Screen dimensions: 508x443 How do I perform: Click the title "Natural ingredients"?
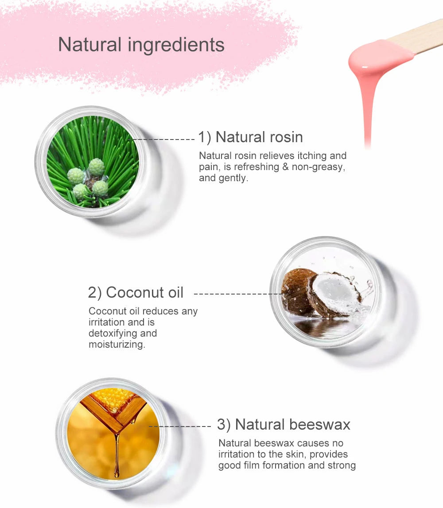[x=141, y=45]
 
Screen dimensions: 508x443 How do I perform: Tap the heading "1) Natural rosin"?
[x=250, y=137]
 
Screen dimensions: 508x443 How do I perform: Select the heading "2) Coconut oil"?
[x=136, y=293]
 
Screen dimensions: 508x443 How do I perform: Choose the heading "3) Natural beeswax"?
[x=284, y=425]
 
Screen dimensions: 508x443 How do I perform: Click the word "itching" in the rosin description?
[x=312, y=156]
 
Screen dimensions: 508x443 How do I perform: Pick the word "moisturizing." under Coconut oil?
[x=117, y=344]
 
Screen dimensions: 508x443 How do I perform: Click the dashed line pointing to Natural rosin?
[x=164, y=139]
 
